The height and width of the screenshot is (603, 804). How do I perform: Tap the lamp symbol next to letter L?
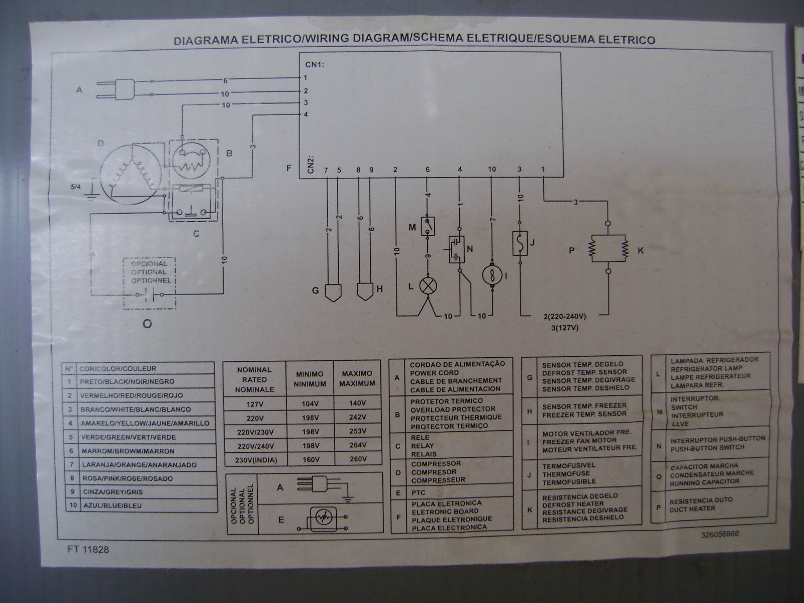428,286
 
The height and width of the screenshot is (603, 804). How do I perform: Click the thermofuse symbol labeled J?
519,243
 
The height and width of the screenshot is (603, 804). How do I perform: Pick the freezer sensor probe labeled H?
365,291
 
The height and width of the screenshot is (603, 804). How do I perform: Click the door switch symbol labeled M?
428,227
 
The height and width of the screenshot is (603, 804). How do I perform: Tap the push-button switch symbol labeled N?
457,249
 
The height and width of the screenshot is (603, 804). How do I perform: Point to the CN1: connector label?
315,65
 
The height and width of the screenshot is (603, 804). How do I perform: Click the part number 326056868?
720,535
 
